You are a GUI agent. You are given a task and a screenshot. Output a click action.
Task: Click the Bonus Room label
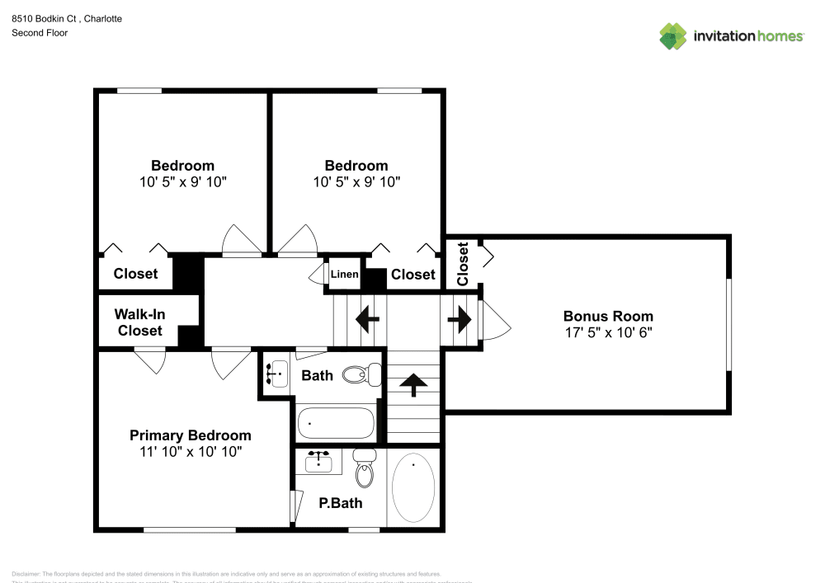pyautogui.click(x=608, y=316)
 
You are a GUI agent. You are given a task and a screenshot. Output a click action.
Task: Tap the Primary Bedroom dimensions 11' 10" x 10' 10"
pyautogui.click(x=191, y=452)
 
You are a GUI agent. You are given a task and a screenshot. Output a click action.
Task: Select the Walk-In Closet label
pyautogui.click(x=139, y=322)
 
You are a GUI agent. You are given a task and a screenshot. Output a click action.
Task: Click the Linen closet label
pyautogui.click(x=345, y=275)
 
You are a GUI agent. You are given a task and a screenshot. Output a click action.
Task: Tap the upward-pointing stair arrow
pyautogui.click(x=413, y=382)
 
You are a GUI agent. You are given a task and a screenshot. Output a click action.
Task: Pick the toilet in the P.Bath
pyautogui.click(x=364, y=470)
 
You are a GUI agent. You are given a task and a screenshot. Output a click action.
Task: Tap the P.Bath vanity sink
pyautogui.click(x=319, y=462)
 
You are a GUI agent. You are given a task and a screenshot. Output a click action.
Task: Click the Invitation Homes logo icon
pyautogui.click(x=673, y=35)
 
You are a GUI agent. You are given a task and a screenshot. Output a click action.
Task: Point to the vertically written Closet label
pyautogui.click(x=463, y=263)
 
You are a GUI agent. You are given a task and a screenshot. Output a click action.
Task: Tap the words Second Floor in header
pyautogui.click(x=40, y=33)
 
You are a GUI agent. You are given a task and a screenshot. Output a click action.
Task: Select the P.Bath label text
pyautogui.click(x=341, y=503)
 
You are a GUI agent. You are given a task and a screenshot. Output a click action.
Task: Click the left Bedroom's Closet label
pyautogui.click(x=135, y=274)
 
